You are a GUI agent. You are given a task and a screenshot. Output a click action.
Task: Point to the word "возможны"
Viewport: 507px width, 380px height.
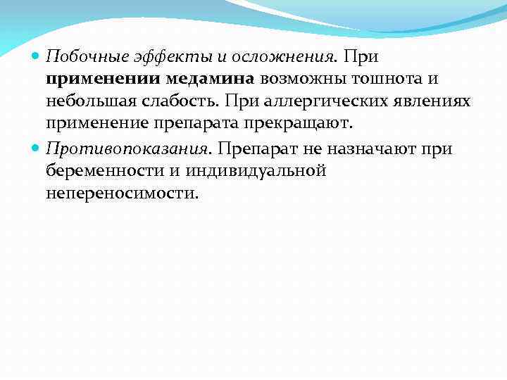click(x=313, y=79)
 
